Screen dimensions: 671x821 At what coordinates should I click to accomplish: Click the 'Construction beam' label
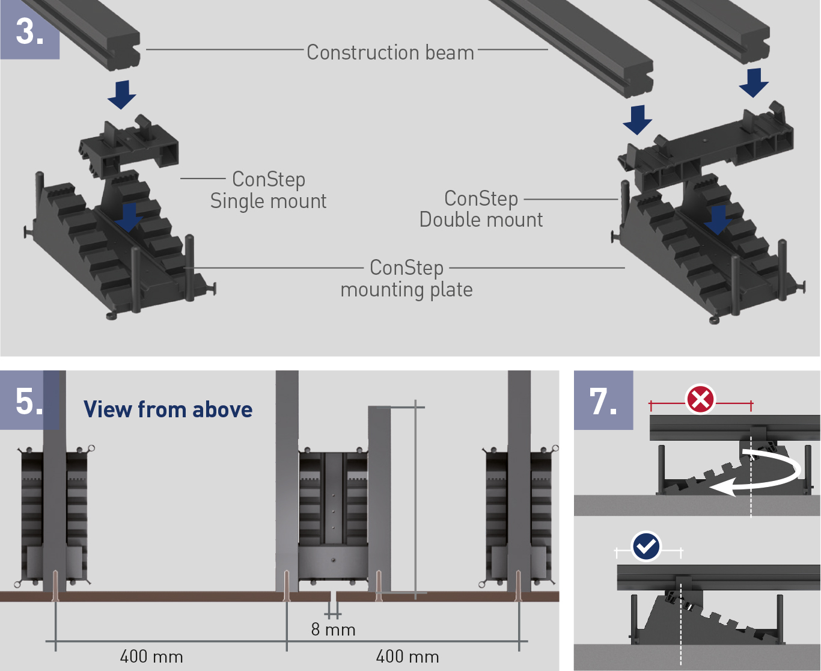(x=390, y=52)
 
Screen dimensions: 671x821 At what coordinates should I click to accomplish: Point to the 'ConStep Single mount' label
(x=268, y=190)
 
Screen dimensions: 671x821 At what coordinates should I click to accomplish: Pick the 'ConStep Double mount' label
(x=481, y=209)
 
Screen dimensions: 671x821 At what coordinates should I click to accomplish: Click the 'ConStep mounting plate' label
(x=407, y=278)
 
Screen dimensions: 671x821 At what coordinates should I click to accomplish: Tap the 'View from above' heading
(x=168, y=409)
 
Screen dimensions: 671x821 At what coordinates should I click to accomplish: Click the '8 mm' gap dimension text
(x=334, y=630)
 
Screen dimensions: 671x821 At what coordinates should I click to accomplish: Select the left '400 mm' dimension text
(x=151, y=656)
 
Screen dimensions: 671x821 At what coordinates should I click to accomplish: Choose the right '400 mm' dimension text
(x=407, y=656)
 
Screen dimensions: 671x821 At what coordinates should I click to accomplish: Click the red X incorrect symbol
(x=700, y=399)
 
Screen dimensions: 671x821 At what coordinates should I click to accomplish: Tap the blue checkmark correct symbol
(x=646, y=547)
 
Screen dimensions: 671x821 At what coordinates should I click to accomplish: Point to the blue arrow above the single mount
(x=122, y=94)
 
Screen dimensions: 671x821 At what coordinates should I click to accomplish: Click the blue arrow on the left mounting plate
(x=129, y=217)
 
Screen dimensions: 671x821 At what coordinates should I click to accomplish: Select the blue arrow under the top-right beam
(x=754, y=82)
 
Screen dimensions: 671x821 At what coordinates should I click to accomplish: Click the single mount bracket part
(x=129, y=147)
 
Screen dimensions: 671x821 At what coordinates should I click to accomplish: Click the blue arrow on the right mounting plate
(x=718, y=219)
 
